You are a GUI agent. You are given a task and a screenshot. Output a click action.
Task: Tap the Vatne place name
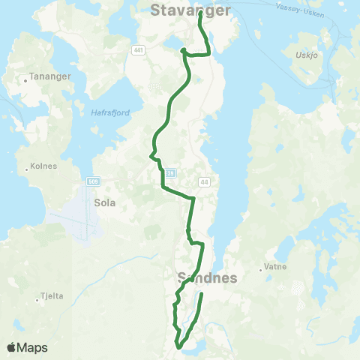click(273, 267)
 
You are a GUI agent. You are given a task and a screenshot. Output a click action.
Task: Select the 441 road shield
click(137, 50)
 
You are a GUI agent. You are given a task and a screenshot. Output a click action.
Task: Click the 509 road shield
click(93, 181)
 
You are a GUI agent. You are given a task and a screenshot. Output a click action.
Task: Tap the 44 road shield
click(204, 181)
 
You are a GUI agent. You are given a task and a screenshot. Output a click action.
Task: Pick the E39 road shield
click(170, 173)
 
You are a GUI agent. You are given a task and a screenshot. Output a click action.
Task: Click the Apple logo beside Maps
click(12, 347)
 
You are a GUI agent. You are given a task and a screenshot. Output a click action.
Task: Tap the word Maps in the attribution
click(34, 347)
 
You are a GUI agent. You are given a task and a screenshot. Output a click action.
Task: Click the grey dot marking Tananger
click(26, 77)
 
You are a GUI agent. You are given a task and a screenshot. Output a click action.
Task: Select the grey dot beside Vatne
click(259, 267)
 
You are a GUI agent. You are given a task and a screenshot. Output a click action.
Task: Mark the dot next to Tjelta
click(37, 301)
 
